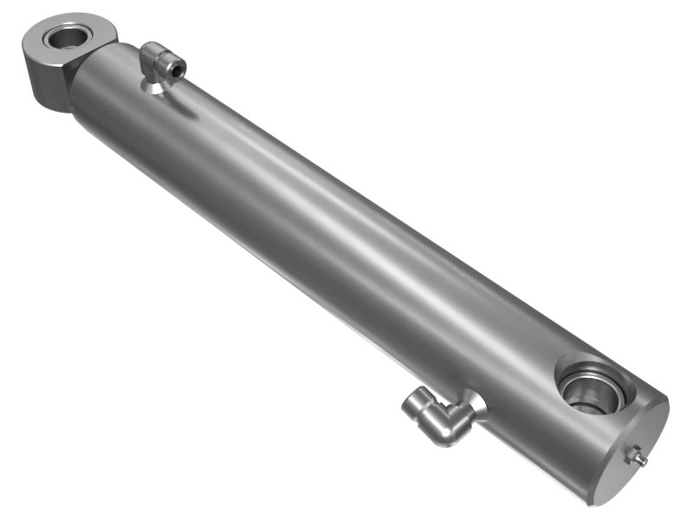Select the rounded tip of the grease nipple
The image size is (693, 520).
[x=643, y=460]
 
